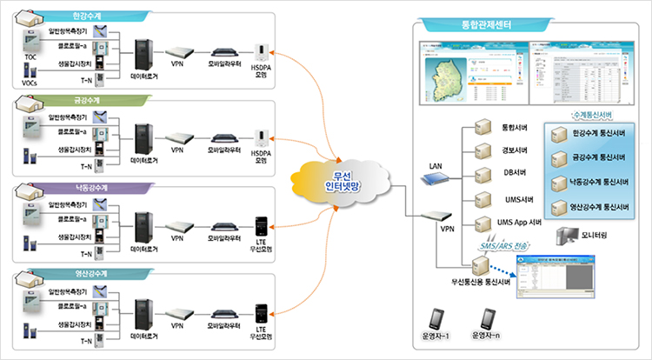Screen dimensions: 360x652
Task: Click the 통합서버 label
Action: [x=516, y=127]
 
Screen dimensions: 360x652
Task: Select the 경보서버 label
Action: [x=516, y=150]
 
